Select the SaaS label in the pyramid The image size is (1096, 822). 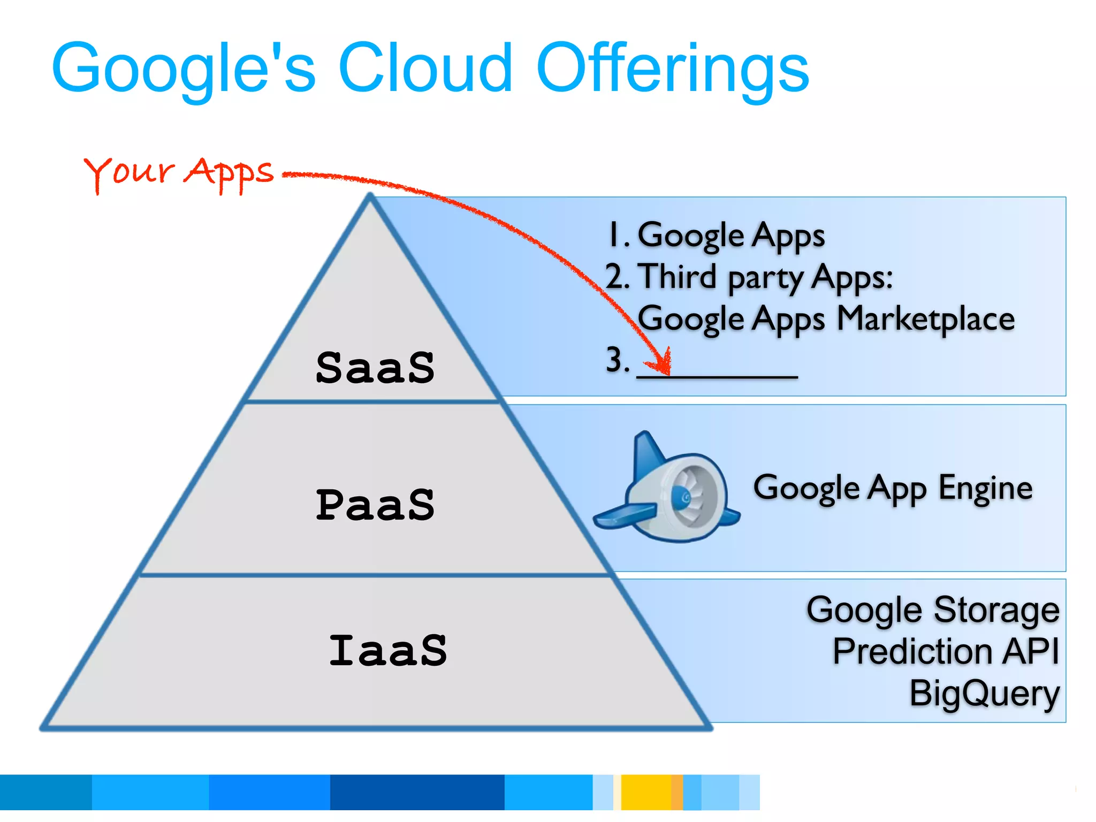point(375,368)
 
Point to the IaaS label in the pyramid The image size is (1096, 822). point(388,650)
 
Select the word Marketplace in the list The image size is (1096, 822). point(925,319)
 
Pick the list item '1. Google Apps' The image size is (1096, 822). point(717,235)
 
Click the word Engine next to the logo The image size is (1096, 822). point(985,488)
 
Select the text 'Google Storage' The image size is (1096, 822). point(933,610)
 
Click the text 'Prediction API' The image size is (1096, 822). point(946,651)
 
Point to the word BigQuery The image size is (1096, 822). point(984,694)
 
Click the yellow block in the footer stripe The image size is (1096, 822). point(645,792)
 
